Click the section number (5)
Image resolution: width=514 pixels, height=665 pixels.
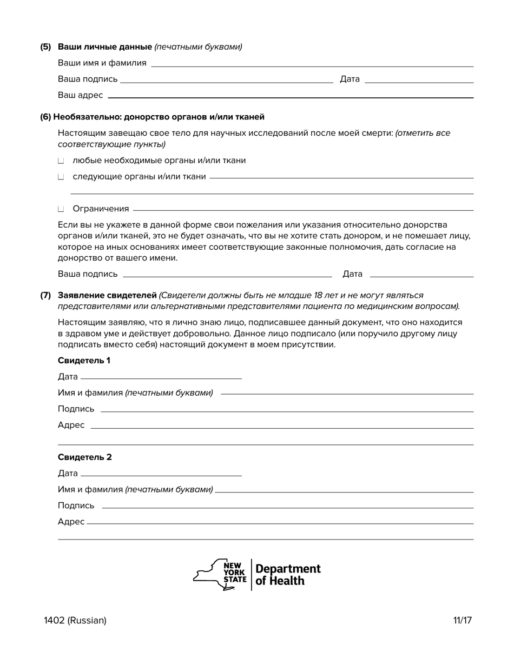45,47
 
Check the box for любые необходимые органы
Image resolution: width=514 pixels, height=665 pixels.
61,161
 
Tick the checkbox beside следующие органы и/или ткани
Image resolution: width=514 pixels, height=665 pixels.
61,177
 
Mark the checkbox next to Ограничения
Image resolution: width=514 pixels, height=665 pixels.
61,209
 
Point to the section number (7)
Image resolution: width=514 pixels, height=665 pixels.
45,296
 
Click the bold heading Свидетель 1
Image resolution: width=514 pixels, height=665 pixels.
84,361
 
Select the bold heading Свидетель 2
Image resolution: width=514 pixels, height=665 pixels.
84,457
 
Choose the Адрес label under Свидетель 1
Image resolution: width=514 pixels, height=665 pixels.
71,425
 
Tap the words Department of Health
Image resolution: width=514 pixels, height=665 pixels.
287,575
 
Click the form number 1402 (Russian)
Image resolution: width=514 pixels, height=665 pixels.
75,621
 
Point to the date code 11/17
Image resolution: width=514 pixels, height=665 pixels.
463,621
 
